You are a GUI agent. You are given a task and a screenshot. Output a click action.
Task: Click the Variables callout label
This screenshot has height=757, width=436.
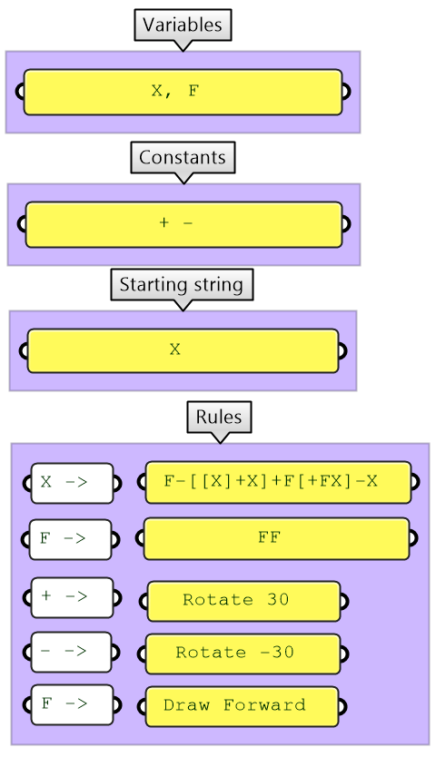[x=183, y=25]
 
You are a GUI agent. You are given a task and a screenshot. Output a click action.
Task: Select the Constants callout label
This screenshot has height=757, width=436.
[x=183, y=158]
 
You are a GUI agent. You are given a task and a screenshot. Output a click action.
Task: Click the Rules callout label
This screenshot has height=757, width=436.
[x=219, y=418]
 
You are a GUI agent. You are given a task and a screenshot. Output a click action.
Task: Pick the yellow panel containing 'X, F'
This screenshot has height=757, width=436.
[x=183, y=92]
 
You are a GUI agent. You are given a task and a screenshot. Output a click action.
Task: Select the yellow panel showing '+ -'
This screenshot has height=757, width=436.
[x=183, y=224]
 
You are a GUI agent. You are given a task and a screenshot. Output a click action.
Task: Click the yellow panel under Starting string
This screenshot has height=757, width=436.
[x=183, y=350]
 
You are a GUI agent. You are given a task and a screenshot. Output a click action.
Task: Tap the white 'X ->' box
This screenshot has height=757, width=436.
[x=72, y=483]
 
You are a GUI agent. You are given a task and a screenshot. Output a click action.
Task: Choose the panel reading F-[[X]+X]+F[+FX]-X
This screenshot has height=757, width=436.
[x=278, y=482]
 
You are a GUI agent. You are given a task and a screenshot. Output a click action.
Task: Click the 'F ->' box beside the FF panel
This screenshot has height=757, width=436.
[x=71, y=538]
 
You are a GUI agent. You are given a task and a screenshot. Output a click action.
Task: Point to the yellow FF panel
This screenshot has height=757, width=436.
[x=276, y=538]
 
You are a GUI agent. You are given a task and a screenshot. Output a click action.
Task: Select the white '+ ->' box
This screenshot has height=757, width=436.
[x=72, y=597]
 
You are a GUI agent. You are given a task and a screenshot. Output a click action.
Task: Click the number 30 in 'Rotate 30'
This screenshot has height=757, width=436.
[x=278, y=600]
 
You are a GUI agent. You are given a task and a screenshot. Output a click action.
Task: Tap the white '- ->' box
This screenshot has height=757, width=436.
[x=72, y=652]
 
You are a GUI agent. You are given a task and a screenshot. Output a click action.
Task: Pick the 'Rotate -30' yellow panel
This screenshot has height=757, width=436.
[x=243, y=653]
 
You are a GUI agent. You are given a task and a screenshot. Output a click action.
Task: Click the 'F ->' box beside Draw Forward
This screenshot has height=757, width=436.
[x=71, y=704]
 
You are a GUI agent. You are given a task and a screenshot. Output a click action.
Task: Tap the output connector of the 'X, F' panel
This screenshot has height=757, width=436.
[x=346, y=92]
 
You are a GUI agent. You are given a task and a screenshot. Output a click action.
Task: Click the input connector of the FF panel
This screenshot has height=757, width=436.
[x=140, y=538]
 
